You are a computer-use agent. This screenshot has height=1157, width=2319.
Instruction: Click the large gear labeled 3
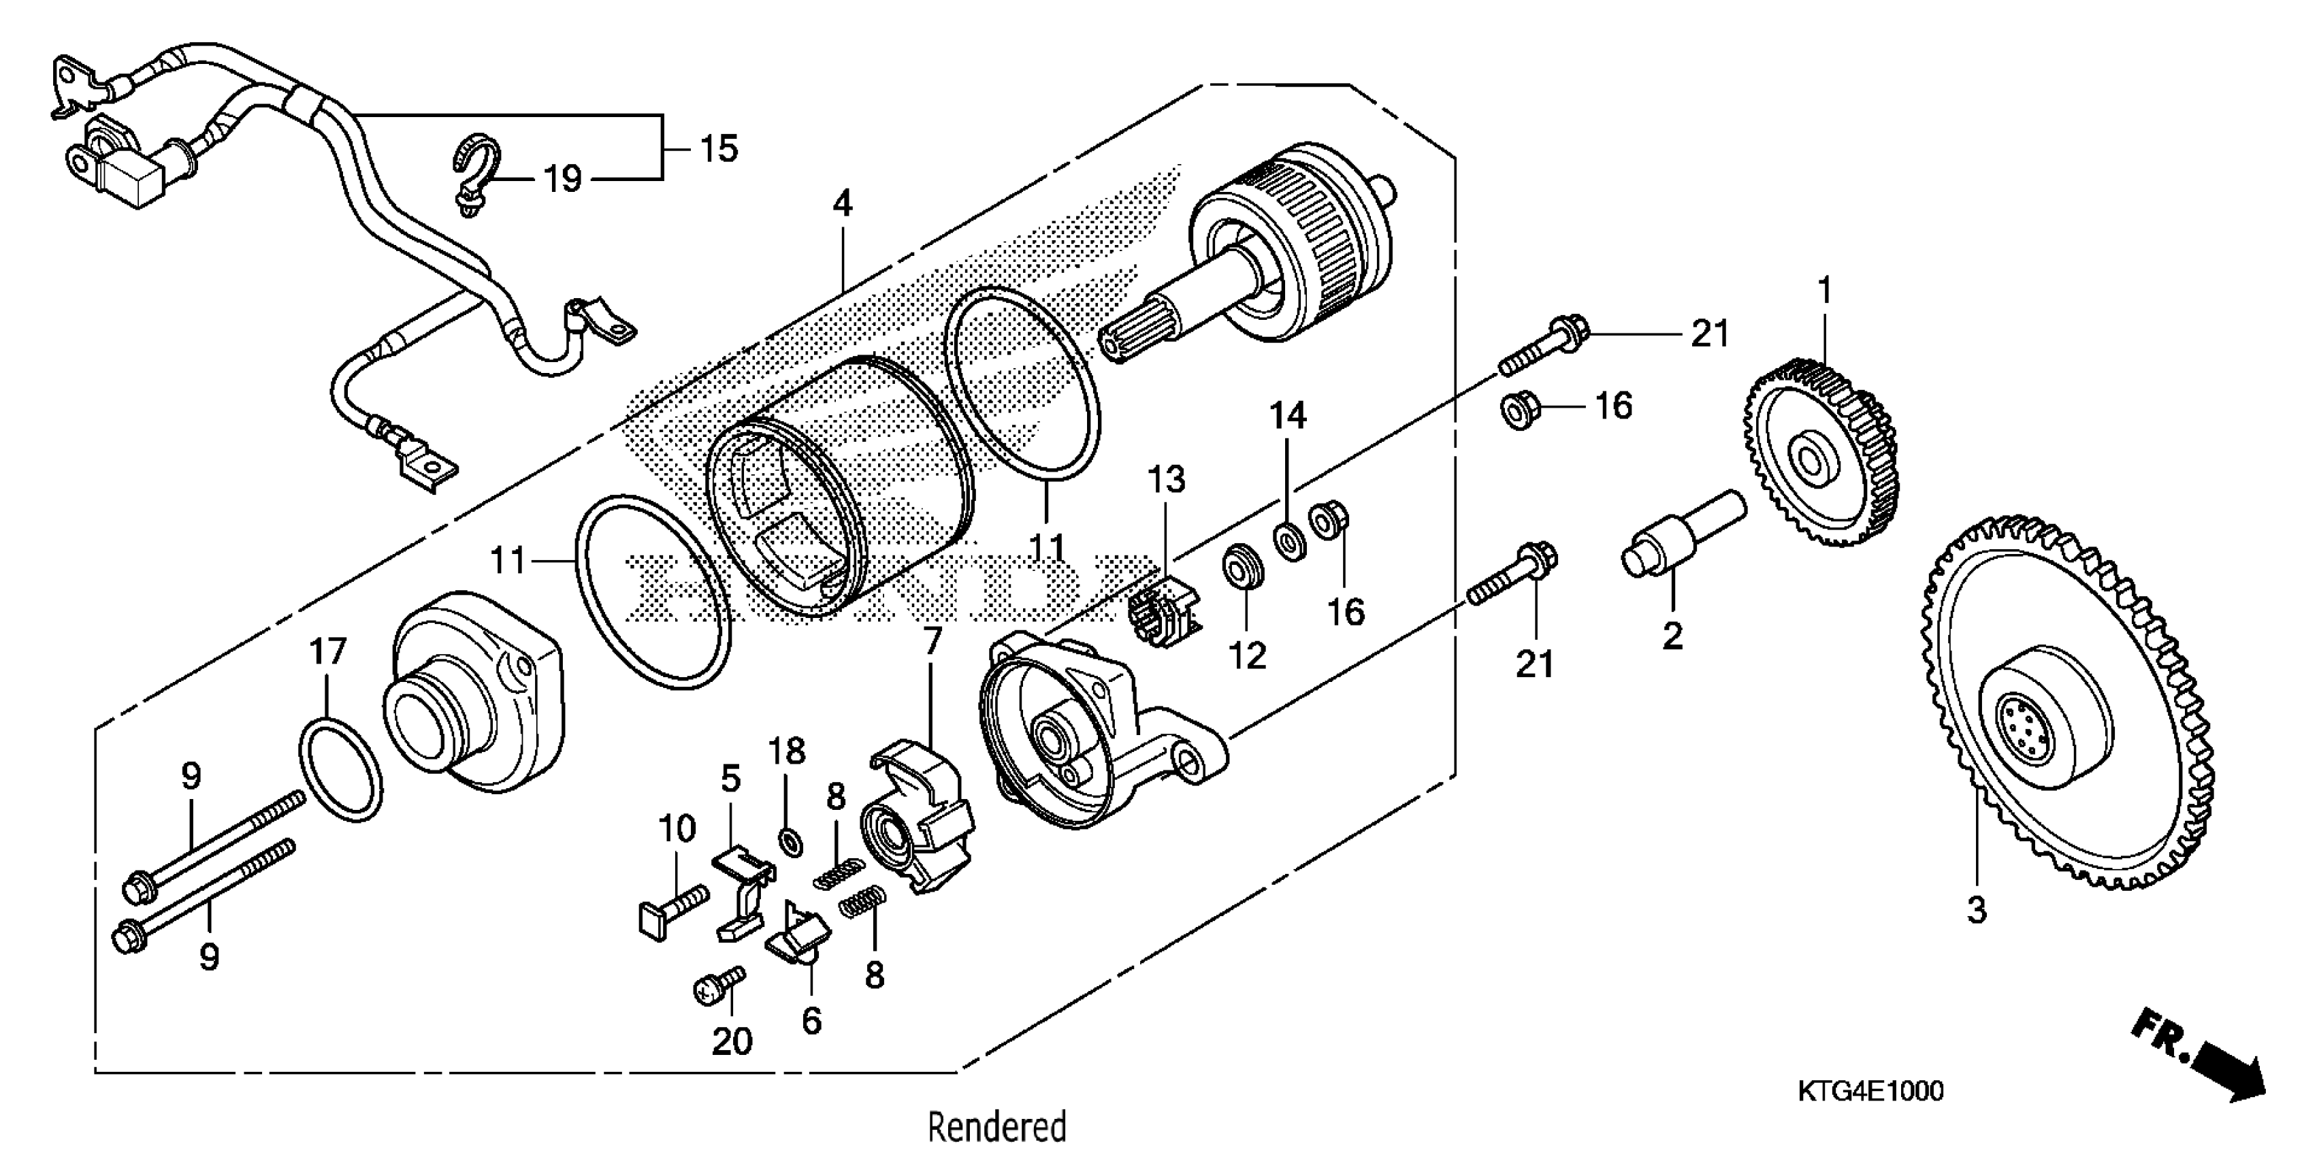click(2071, 720)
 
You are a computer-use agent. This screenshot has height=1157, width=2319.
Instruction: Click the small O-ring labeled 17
click(340, 770)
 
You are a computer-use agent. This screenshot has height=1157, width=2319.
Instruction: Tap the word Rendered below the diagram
click(996, 1127)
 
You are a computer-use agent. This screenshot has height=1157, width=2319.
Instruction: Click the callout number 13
click(1166, 480)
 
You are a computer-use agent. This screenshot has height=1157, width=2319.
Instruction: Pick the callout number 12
click(1248, 655)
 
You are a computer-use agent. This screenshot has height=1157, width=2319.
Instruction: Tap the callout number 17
click(327, 651)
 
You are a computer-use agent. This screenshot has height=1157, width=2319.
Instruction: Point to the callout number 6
click(811, 1021)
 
